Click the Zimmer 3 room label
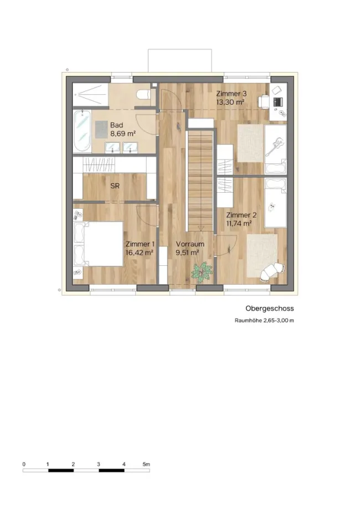[232, 94]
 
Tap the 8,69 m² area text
[123, 133]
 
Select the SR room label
[115, 186]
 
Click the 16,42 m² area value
[140, 253]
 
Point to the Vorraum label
[190, 244]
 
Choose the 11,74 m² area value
[239, 223]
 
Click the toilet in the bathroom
[143, 95]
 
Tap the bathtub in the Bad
[82, 131]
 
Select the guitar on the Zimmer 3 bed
[275, 146]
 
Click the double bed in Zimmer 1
[99, 244]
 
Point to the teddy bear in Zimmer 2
[271, 207]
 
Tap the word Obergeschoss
[269, 309]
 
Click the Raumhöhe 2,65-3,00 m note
[264, 321]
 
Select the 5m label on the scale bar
[146, 465]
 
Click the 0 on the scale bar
[24, 465]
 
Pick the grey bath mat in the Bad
[101, 129]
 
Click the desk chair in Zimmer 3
[264, 101]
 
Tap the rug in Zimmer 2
[263, 256]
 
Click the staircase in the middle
[200, 180]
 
